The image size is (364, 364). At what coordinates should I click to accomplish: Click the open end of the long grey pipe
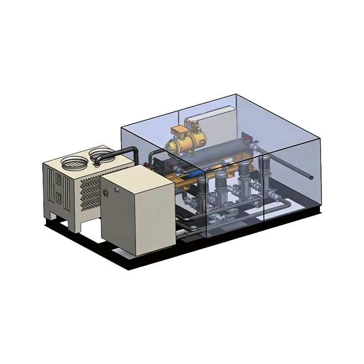[x=311, y=177]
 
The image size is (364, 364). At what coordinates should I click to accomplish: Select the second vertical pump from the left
[x=221, y=179]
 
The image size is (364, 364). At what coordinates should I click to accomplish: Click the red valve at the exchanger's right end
[x=246, y=136]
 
